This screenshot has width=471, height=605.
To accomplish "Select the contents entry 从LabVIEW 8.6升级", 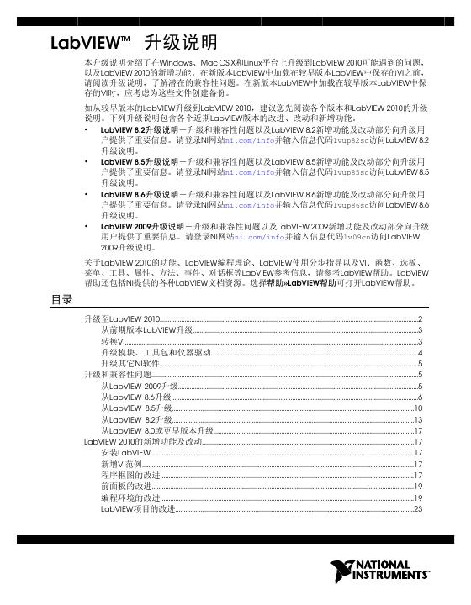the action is [135, 396].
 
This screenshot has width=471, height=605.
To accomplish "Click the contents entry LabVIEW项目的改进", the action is [138, 509].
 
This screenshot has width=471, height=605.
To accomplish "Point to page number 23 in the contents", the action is [418, 509].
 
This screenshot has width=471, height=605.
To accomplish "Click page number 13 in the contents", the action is [418, 418].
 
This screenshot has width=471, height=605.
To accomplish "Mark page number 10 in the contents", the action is [418, 408].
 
